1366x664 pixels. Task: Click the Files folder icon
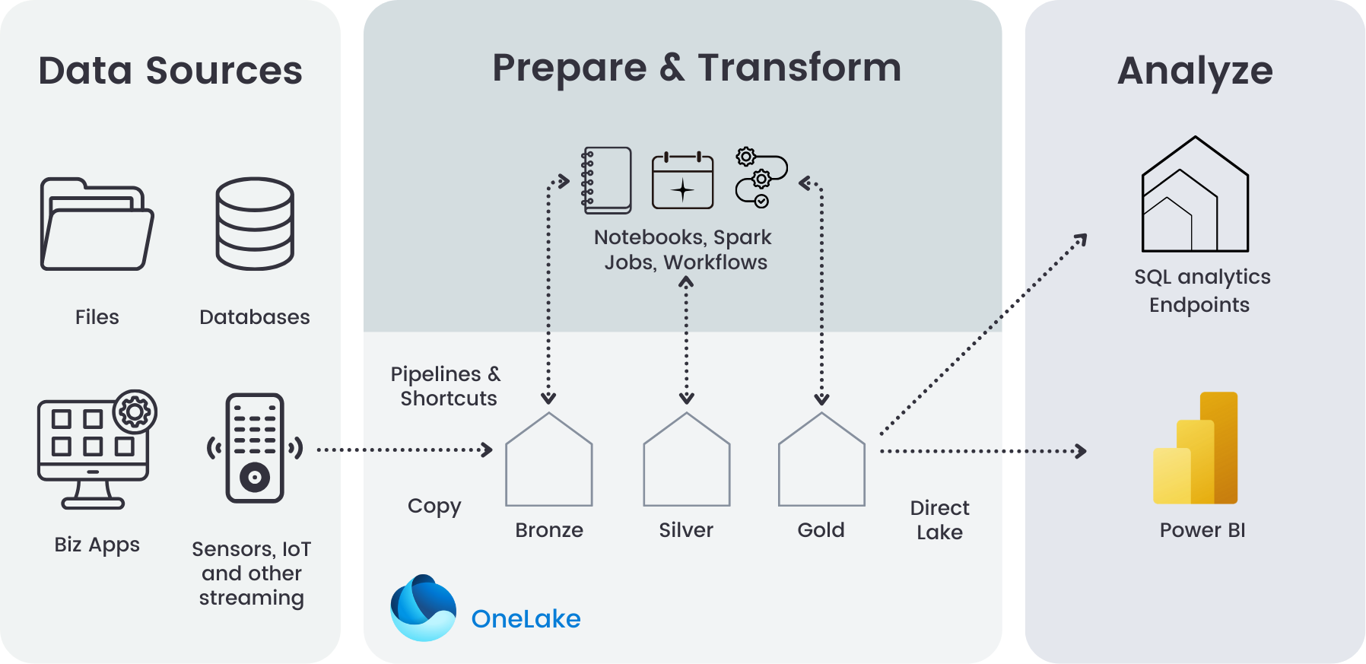tap(97, 224)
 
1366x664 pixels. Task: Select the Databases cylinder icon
tap(255, 224)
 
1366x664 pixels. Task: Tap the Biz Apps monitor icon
tap(93, 453)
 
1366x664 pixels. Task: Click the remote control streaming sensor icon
tap(255, 448)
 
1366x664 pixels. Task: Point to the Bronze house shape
tap(549, 463)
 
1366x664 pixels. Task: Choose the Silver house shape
tap(686, 463)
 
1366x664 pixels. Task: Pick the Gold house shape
tap(821, 463)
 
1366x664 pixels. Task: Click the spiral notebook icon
tap(607, 180)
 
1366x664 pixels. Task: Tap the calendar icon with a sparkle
tap(683, 181)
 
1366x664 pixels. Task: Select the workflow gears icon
tap(760, 178)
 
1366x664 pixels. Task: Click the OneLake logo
tap(423, 608)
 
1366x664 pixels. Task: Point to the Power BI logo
tap(1196, 449)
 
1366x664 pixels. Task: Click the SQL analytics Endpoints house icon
tap(1195, 195)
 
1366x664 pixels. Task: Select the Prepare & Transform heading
tap(697, 68)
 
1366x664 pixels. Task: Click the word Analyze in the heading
tap(1195, 71)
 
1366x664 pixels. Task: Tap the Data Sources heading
tap(170, 71)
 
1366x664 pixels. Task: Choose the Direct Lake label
tap(940, 519)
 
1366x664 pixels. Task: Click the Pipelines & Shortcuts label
tap(446, 386)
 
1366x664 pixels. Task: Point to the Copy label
tap(434, 507)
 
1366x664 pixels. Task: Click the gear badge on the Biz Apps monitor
tap(135, 412)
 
